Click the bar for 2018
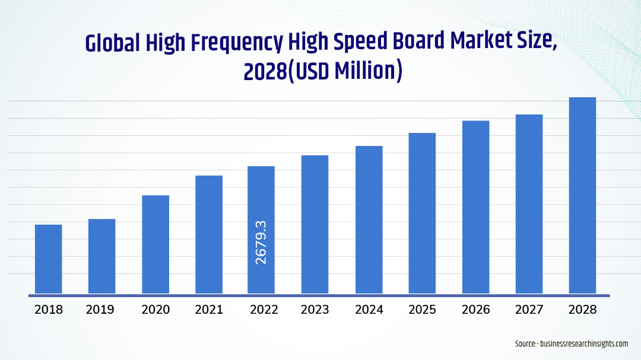[49, 259]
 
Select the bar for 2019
[102, 256]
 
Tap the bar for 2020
[156, 244]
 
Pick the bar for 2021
[209, 234]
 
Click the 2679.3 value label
[261, 242]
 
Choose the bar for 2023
[315, 224]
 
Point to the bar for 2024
[369, 219]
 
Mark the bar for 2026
[476, 206]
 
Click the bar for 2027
[529, 203]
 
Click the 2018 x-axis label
[49, 310]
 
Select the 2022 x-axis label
[262, 310]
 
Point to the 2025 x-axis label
[422, 310]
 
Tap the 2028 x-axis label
[582, 310]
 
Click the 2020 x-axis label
[156, 310]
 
